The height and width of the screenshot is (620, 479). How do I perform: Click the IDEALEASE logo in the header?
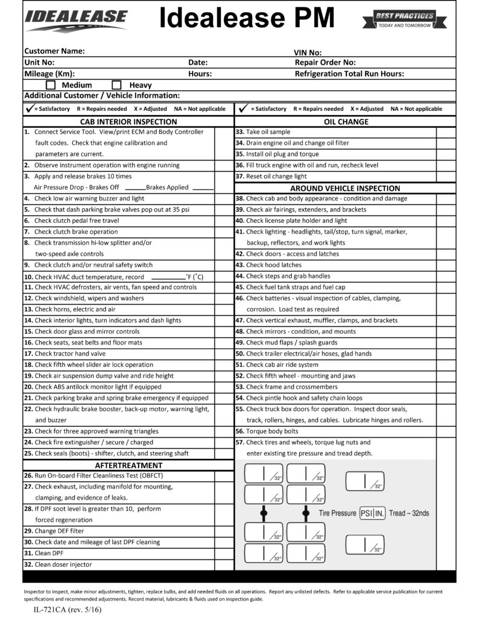pos(76,20)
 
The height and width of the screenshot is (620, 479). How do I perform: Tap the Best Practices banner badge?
pos(405,20)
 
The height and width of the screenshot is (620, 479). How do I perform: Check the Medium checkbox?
pos(51,85)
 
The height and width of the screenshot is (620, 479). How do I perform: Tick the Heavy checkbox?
pos(117,85)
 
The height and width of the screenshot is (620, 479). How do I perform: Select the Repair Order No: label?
pos(325,62)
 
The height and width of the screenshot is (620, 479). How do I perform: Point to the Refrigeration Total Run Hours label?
pos(349,74)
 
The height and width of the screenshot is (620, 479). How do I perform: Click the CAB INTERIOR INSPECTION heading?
pos(128,121)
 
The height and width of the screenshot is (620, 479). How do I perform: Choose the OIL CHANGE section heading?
pos(346,121)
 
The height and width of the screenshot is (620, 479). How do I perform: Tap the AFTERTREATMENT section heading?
pos(128,465)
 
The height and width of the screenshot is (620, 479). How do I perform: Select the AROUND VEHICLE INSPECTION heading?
pos(345,188)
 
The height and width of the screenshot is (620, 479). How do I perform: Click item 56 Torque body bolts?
pos(272,431)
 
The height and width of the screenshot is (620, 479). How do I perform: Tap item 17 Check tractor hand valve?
pos(70,354)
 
